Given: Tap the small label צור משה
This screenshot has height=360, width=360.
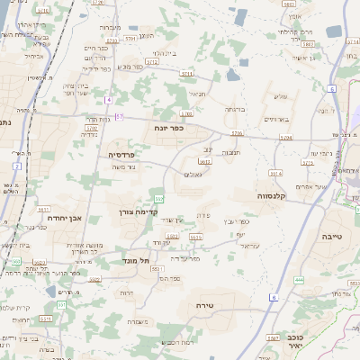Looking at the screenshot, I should pyautogui.click(x=121, y=168).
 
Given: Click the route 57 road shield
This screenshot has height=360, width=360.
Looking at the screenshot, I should pyautogui.click(x=119, y=116).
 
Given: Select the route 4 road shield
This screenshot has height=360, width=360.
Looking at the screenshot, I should pyautogui.click(x=108, y=99).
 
